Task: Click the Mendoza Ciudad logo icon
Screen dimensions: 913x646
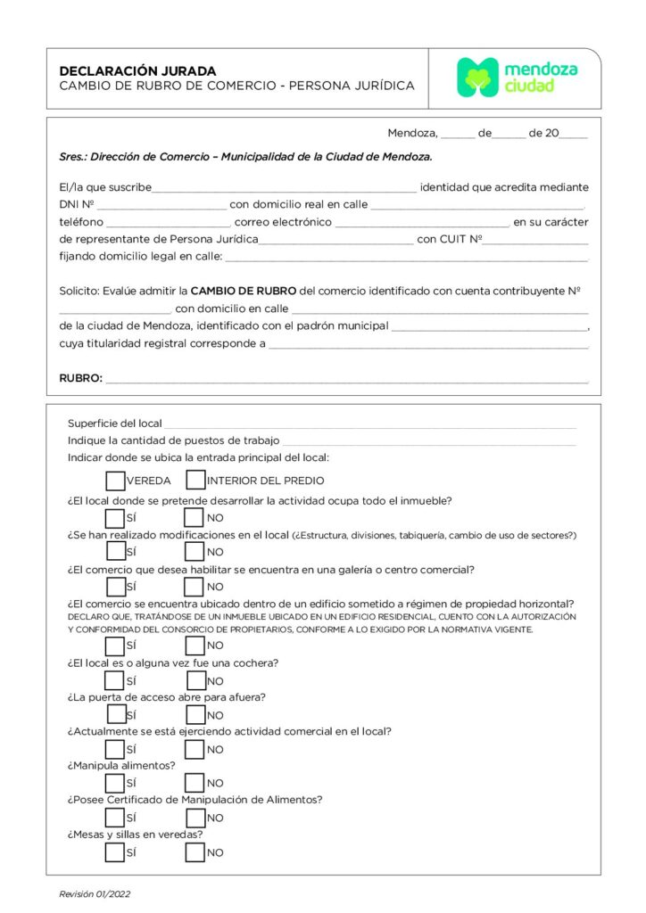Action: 477,78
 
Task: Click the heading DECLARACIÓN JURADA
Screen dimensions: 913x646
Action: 137,70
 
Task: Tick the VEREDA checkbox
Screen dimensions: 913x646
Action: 115,481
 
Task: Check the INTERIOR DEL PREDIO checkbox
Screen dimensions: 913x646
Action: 195,481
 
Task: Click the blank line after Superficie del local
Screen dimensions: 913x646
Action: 369,424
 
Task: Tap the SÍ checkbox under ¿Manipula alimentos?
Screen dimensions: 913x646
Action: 115,784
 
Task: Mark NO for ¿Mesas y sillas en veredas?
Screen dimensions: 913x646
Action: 195,852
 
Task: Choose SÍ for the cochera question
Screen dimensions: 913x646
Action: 115,680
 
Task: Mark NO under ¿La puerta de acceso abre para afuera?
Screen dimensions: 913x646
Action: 195,714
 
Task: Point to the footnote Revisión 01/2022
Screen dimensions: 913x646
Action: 95,893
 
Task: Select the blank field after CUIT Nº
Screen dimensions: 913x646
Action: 535,241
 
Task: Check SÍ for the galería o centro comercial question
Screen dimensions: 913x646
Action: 115,586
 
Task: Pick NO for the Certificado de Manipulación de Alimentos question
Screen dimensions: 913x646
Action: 195,818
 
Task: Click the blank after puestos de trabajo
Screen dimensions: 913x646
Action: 428,441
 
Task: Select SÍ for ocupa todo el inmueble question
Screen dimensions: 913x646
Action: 115,517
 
